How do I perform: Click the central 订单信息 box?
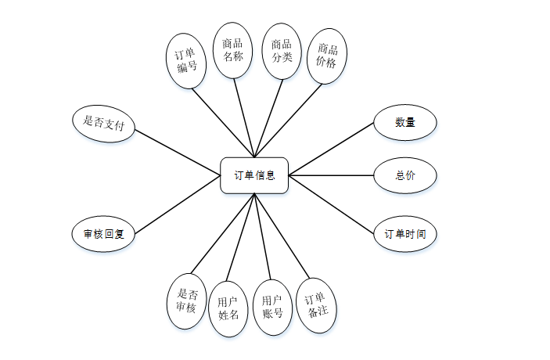click(x=254, y=175)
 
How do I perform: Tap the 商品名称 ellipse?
click(x=232, y=50)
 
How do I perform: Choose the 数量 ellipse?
click(x=404, y=122)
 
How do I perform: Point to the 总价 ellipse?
click(x=404, y=175)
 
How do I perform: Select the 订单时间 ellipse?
click(x=404, y=233)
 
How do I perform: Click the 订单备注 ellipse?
click(x=318, y=304)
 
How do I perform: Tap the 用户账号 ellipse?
click(x=272, y=308)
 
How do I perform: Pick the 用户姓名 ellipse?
click(x=228, y=308)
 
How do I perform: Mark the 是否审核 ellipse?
click(x=186, y=300)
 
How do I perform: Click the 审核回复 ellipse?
click(x=103, y=233)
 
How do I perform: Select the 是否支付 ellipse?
click(x=103, y=124)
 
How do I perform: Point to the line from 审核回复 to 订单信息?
click(x=178, y=204)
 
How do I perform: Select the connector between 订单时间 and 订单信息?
click(x=332, y=205)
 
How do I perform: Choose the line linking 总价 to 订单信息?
click(x=332, y=175)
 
